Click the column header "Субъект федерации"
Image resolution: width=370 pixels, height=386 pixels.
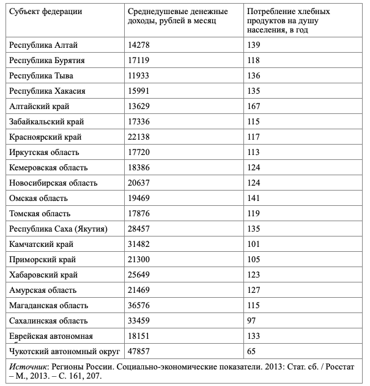click(46, 12)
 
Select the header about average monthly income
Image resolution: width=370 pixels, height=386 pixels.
click(178, 17)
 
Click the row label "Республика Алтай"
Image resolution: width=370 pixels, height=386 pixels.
click(44, 45)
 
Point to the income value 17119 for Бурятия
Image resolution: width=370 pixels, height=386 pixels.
click(139, 61)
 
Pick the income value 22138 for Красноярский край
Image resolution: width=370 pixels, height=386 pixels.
click(139, 137)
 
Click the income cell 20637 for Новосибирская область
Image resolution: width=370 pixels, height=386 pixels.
click(139, 183)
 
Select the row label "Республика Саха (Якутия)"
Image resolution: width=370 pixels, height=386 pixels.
click(59, 229)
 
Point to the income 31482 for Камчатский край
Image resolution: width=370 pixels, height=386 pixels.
click(139, 244)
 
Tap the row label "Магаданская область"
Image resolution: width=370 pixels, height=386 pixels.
click(49, 306)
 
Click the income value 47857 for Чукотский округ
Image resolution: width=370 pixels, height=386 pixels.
click(139, 352)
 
